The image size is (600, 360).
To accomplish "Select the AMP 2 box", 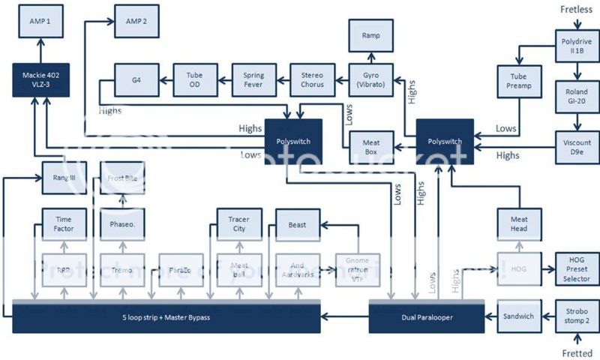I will click(136, 22).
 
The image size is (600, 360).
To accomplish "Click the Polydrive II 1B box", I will click(576, 44).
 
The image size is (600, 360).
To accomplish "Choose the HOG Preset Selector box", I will click(576, 269).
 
